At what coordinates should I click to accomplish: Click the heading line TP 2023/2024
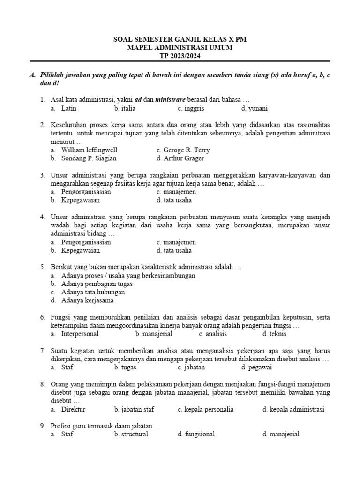180,56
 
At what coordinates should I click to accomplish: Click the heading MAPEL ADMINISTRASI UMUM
180,48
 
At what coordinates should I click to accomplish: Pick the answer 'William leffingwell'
89,150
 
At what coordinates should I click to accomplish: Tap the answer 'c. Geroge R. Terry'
183,150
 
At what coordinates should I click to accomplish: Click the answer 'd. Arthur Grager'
180,158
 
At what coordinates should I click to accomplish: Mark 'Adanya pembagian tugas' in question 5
97,284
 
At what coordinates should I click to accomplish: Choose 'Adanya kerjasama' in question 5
87,300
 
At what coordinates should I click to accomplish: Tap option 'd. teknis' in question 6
274,334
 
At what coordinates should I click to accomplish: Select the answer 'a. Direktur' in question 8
68,409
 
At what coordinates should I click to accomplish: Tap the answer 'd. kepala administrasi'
293,409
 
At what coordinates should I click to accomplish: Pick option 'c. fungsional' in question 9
196,434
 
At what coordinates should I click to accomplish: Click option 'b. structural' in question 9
131,434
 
